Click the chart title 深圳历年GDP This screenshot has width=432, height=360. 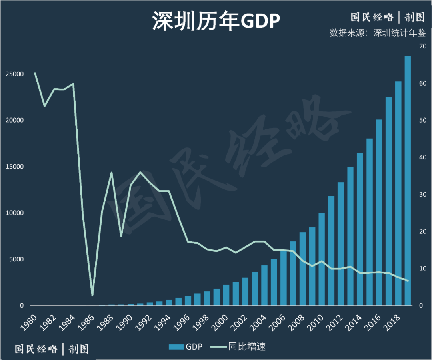(216, 21)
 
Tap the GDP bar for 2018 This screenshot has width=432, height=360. (398, 193)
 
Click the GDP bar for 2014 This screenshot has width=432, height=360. (360, 229)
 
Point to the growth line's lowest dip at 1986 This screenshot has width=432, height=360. (92, 295)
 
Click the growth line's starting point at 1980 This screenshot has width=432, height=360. (35, 74)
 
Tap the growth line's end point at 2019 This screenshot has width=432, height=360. (408, 281)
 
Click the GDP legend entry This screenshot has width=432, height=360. (186, 346)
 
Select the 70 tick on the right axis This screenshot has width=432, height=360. (422, 46)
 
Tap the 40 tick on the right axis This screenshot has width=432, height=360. (422, 157)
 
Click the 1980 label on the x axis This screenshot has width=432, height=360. (30, 322)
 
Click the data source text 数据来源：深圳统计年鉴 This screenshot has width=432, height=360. (377, 33)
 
